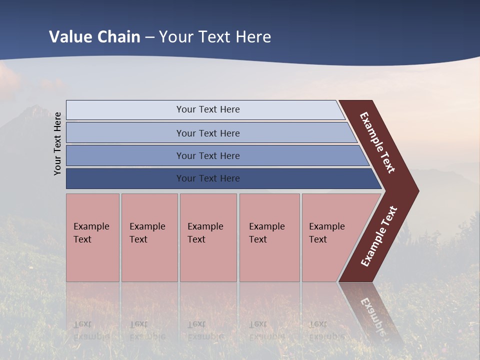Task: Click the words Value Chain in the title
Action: tap(94, 37)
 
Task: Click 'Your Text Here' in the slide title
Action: tap(215, 37)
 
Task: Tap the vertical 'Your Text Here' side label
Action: tap(58, 143)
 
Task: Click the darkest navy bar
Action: tap(125, 178)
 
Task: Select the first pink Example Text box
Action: tap(92, 237)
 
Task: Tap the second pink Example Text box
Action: tap(149, 237)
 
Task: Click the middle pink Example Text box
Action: tap(208, 237)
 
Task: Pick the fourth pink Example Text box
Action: tap(269, 237)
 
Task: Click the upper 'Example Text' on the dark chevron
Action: tap(377, 142)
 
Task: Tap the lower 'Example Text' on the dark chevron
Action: tap(379, 236)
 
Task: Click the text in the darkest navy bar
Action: tap(208, 178)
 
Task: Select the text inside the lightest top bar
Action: tap(208, 109)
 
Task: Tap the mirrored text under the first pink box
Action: tap(91, 330)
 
